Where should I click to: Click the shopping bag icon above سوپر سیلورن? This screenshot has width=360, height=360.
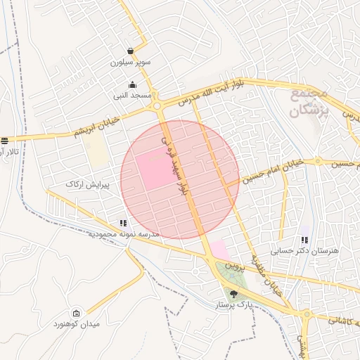coord(131,51)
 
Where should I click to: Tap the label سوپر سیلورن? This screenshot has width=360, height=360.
coord(131,62)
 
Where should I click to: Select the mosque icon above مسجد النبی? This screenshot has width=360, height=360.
coord(132,85)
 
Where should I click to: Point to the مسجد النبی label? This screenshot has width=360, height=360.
coord(132,95)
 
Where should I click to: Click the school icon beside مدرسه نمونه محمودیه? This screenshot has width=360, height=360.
coord(124,223)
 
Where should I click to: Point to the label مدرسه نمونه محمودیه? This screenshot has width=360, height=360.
coord(124,233)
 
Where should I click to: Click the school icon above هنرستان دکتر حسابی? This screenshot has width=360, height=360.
coord(304,240)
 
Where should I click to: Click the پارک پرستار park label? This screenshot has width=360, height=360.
coord(233,306)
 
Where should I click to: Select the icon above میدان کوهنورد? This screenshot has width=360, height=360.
coord(77,314)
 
